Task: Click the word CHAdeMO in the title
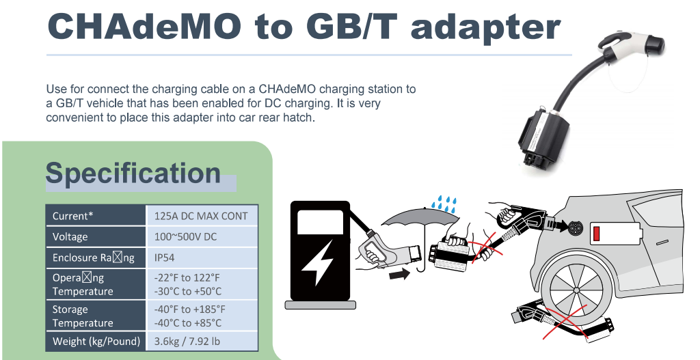144,26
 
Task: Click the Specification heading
133,173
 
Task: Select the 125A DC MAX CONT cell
202,216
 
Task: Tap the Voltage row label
70,236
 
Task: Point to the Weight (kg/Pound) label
96,342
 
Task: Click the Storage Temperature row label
83,316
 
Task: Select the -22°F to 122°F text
187,277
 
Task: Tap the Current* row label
72,216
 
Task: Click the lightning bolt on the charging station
317,262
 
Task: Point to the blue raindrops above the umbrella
444,204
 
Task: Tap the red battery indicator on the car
596,234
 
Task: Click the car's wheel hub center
576,290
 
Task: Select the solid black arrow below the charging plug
399,274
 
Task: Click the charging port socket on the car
575,227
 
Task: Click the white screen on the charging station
320,222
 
